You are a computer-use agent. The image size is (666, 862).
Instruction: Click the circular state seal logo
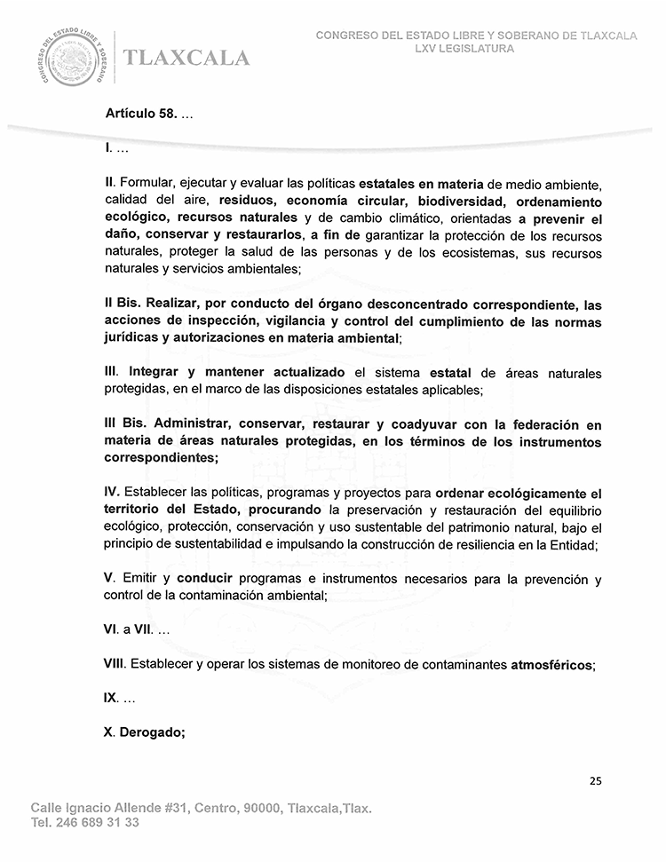(73, 58)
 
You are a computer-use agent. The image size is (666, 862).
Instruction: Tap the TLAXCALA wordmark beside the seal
(187, 59)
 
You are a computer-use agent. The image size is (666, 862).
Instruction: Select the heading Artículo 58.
(141, 114)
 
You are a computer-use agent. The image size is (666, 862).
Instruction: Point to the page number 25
(595, 781)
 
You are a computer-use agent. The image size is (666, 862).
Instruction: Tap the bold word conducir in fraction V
(210, 579)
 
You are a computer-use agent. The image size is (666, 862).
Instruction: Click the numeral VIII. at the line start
(115, 664)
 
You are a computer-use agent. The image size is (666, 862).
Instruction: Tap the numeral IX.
(111, 699)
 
